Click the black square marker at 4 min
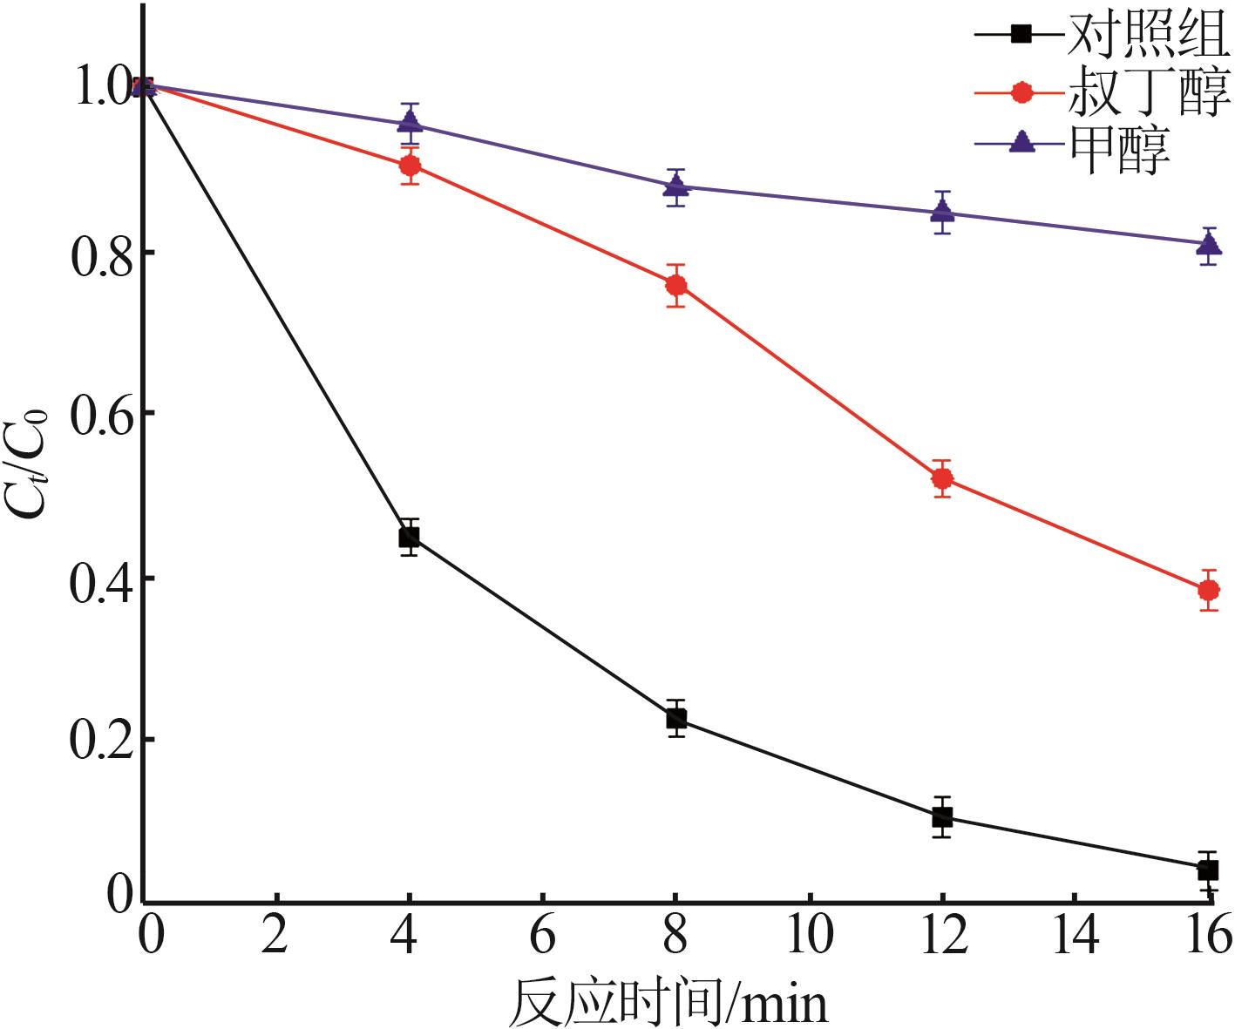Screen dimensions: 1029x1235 [x=409, y=537]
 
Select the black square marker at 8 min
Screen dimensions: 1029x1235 [x=676, y=719]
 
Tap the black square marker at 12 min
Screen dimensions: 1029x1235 [x=942, y=817]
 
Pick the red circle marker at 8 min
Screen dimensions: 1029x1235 [x=676, y=286]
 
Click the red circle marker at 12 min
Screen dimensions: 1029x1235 [x=942, y=478]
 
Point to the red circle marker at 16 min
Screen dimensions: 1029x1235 [x=1208, y=590]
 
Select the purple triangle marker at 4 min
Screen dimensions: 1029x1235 [x=410, y=122]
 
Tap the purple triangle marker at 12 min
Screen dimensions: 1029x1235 [x=942, y=211]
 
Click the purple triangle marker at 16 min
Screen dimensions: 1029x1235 [x=1208, y=244]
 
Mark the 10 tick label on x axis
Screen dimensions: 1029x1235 [x=810, y=937]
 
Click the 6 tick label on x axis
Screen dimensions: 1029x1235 [x=542, y=937]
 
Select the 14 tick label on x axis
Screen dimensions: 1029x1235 [x=1076, y=937]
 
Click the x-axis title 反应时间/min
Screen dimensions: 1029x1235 [x=668, y=1002]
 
